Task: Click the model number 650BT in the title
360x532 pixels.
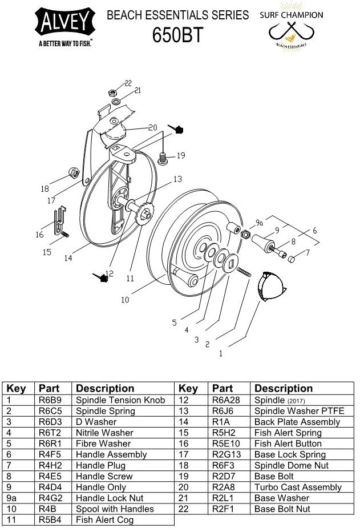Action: click(177, 35)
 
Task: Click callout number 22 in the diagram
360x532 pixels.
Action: click(128, 83)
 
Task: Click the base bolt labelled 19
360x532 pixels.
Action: click(163, 157)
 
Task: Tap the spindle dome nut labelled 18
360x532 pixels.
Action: click(73, 172)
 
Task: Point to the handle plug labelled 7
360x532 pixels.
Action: click(291, 259)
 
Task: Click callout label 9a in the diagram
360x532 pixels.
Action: click(259, 223)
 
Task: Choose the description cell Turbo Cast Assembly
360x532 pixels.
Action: click(298, 487)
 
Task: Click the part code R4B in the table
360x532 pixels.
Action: click(47, 509)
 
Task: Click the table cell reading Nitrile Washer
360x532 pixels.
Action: click(104, 433)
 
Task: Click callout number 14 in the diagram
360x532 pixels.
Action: click(68, 258)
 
